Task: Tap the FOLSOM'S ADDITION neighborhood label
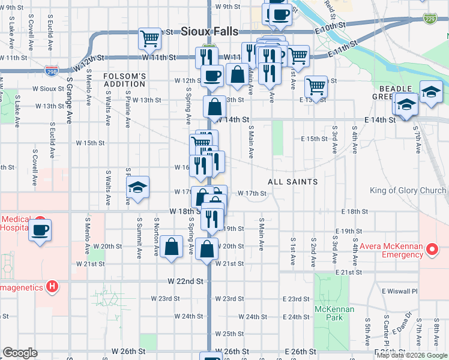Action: click(x=125, y=80)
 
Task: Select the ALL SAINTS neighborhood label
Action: click(x=293, y=181)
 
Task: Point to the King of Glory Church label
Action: click(x=408, y=191)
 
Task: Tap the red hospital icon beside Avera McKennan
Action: click(x=431, y=248)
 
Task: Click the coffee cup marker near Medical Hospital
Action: click(x=40, y=230)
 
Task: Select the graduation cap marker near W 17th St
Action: click(x=137, y=188)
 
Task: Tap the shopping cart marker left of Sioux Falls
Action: click(x=149, y=38)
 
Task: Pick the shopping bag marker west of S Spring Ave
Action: click(x=171, y=246)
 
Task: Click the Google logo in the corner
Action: click(x=20, y=353)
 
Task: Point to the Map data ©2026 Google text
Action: click(x=412, y=355)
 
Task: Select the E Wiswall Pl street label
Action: click(x=399, y=291)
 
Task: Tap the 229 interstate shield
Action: click(x=429, y=17)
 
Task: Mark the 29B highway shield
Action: click(x=52, y=71)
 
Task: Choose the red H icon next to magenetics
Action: click(x=53, y=287)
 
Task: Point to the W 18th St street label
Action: click(x=185, y=212)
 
